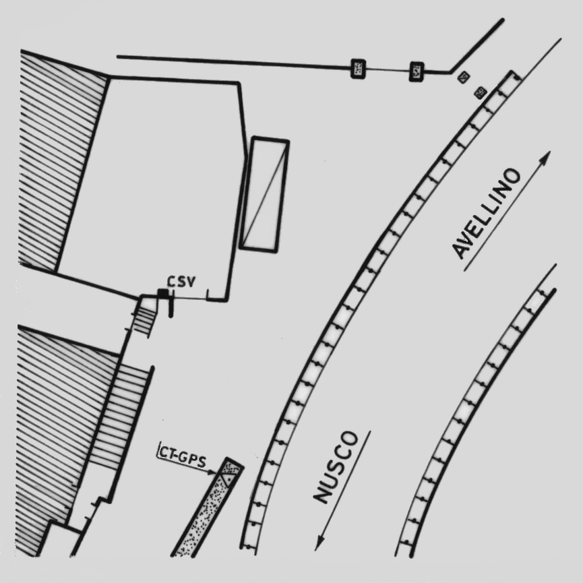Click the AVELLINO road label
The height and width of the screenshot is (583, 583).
pyautogui.click(x=486, y=213)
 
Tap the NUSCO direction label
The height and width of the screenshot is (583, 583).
pyautogui.click(x=336, y=467)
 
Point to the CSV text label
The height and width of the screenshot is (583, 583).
pyautogui.click(x=181, y=282)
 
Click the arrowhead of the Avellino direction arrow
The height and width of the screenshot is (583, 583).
pyautogui.click(x=545, y=156)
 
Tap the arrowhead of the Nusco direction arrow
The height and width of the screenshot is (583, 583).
pyautogui.click(x=319, y=544)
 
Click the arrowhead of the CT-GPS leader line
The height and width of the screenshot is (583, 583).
pyautogui.click(x=214, y=472)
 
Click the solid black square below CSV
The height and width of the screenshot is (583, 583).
pyautogui.click(x=162, y=293)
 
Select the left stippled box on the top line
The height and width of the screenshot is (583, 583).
pyautogui.click(x=359, y=69)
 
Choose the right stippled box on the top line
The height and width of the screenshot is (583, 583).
pyautogui.click(x=417, y=71)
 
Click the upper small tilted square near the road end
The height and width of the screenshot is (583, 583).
pyautogui.click(x=463, y=78)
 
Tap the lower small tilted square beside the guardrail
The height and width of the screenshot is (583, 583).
pyautogui.click(x=481, y=92)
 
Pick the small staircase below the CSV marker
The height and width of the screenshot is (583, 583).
pyautogui.click(x=143, y=316)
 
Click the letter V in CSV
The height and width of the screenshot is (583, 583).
pyautogui.click(x=190, y=282)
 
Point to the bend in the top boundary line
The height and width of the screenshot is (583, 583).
pyautogui.click(x=450, y=71)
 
